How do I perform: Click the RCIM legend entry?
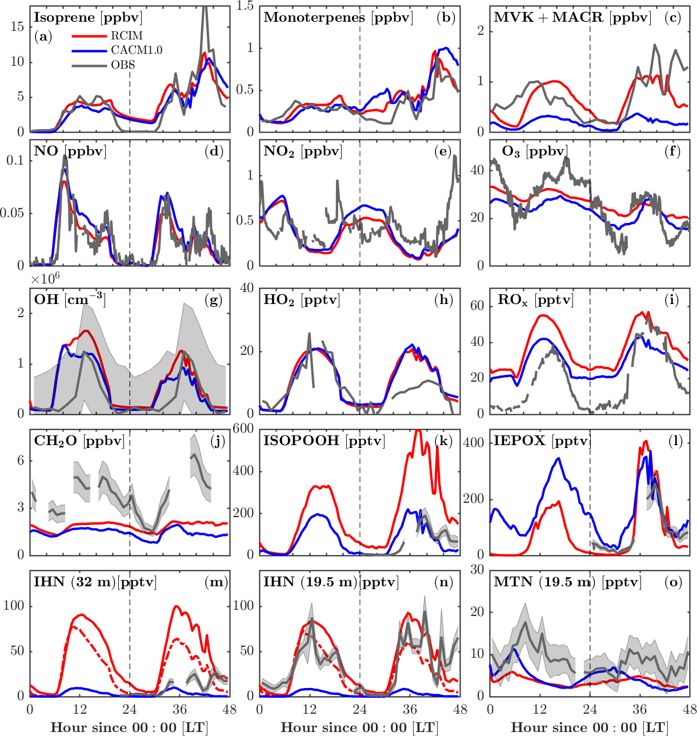point(127,35)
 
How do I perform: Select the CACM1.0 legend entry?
point(137,50)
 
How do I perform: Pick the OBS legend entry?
point(123,65)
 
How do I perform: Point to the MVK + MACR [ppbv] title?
point(572,18)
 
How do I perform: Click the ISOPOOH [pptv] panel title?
point(324,441)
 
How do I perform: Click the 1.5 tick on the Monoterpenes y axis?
point(246,6)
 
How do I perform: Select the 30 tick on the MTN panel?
point(478,570)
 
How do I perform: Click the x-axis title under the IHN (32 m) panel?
point(130,727)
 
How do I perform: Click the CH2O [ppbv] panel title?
point(79,441)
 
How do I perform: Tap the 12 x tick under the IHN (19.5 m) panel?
point(310,709)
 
